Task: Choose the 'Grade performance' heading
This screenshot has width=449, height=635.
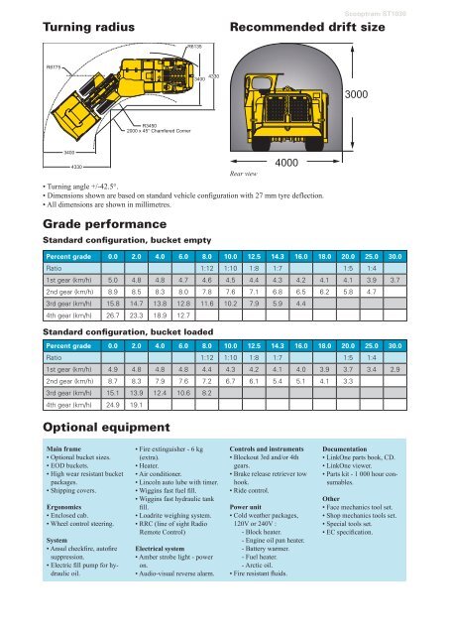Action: pyautogui.click(x=74, y=225)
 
